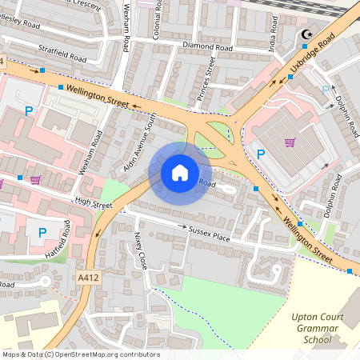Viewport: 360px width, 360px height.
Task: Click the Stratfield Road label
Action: pyautogui.click(x=61, y=58)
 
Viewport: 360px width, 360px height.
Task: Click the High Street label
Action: pyautogui.click(x=93, y=205)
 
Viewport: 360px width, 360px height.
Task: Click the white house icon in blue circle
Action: pyautogui.click(x=180, y=172)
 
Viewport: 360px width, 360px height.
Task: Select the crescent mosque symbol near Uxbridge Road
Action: pyautogui.click(x=305, y=34)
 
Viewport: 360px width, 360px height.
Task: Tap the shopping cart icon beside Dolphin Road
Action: pyautogui.click(x=290, y=142)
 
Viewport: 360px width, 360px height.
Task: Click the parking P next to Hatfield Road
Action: pyautogui.click(x=42, y=232)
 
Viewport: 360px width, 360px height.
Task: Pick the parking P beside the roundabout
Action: pyautogui.click(x=260, y=154)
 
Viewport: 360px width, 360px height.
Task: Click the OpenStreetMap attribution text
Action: pyautogui.click(x=80, y=354)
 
